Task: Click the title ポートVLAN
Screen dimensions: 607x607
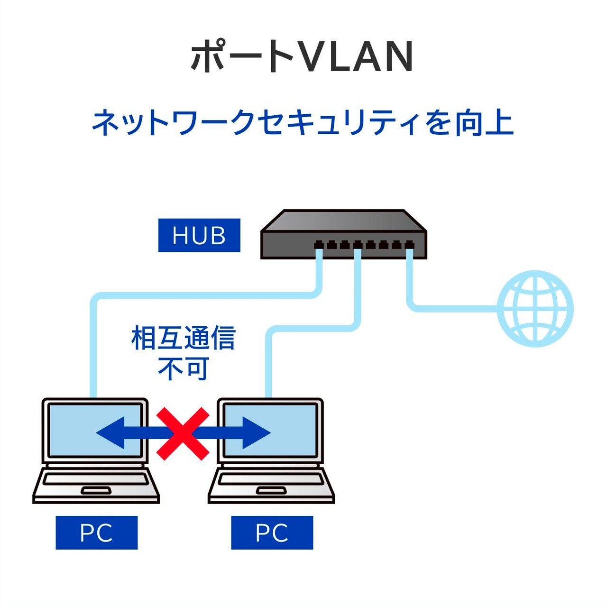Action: (x=302, y=57)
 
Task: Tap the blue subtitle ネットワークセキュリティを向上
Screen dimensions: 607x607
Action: (x=302, y=123)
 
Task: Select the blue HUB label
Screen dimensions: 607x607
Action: (x=199, y=235)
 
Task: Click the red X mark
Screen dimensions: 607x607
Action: (x=183, y=433)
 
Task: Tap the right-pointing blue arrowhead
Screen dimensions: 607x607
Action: (x=256, y=432)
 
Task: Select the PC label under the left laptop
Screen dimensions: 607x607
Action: (x=96, y=533)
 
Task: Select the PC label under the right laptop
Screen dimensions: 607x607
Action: (x=272, y=533)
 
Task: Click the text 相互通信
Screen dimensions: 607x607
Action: (x=183, y=338)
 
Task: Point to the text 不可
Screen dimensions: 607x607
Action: (x=183, y=369)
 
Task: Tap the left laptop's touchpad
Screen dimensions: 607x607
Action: (x=96, y=490)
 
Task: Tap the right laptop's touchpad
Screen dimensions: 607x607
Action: (x=271, y=490)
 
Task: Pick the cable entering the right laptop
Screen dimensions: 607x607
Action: (x=268, y=365)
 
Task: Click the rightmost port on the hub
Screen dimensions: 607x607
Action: (x=409, y=246)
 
